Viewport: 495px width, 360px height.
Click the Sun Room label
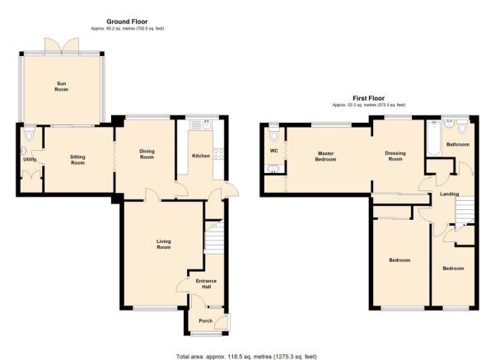[x=61, y=86]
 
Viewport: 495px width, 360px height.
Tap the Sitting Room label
[x=77, y=160]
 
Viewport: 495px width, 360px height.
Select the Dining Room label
[x=147, y=154]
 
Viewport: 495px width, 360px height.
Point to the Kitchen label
[x=201, y=156]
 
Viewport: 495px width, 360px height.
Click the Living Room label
[x=164, y=244]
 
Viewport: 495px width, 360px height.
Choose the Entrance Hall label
[x=206, y=283]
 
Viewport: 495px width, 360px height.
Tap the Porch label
[x=206, y=320]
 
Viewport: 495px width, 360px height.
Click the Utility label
[x=30, y=160]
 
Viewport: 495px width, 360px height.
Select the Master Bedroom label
[x=326, y=157]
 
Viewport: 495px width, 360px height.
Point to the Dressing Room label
[x=395, y=156]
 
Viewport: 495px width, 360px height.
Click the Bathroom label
[x=458, y=144]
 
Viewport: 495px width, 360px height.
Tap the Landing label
[x=450, y=194]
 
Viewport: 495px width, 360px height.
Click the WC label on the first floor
[x=274, y=151]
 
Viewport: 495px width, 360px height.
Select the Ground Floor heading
[x=127, y=21]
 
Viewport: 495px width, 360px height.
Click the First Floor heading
[x=369, y=98]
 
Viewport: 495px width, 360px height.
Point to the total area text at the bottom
[x=246, y=357]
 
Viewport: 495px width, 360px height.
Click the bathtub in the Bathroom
[x=434, y=138]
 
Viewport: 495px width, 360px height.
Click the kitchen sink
[x=208, y=125]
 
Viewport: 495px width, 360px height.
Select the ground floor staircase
[x=214, y=236]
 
